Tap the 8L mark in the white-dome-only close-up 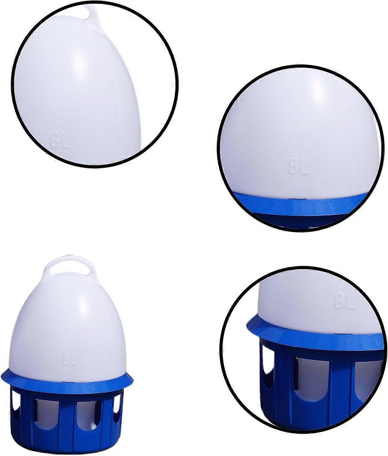[60, 140]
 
